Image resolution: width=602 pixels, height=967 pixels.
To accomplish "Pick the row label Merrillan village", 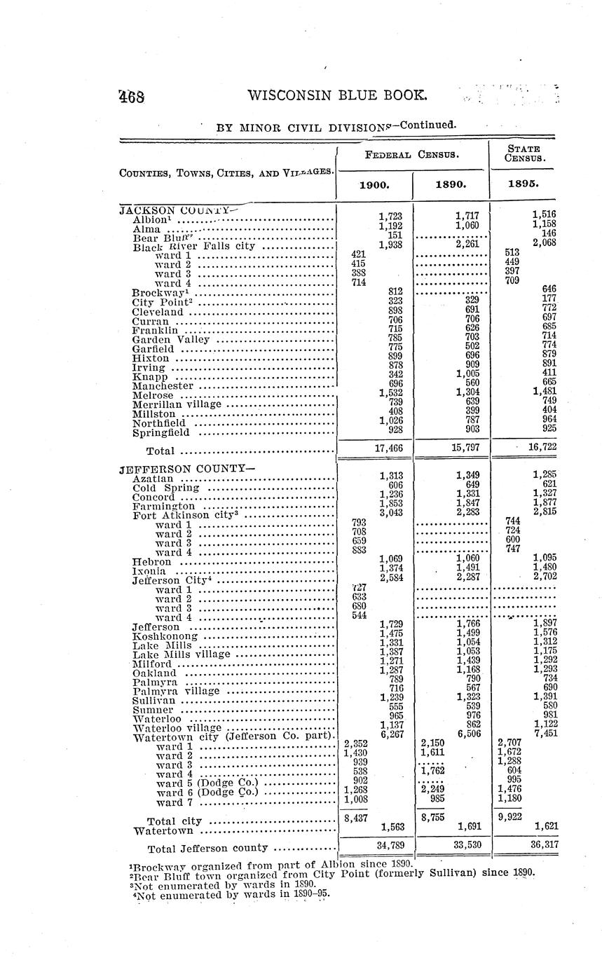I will click(177, 404).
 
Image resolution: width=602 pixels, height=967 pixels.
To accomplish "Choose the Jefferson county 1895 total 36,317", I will click(544, 845).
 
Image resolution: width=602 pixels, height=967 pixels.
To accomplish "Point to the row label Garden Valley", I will click(171, 340).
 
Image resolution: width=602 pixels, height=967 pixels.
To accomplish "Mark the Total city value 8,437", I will click(356, 817).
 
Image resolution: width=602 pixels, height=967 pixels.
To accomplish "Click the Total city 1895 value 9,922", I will click(509, 817).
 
